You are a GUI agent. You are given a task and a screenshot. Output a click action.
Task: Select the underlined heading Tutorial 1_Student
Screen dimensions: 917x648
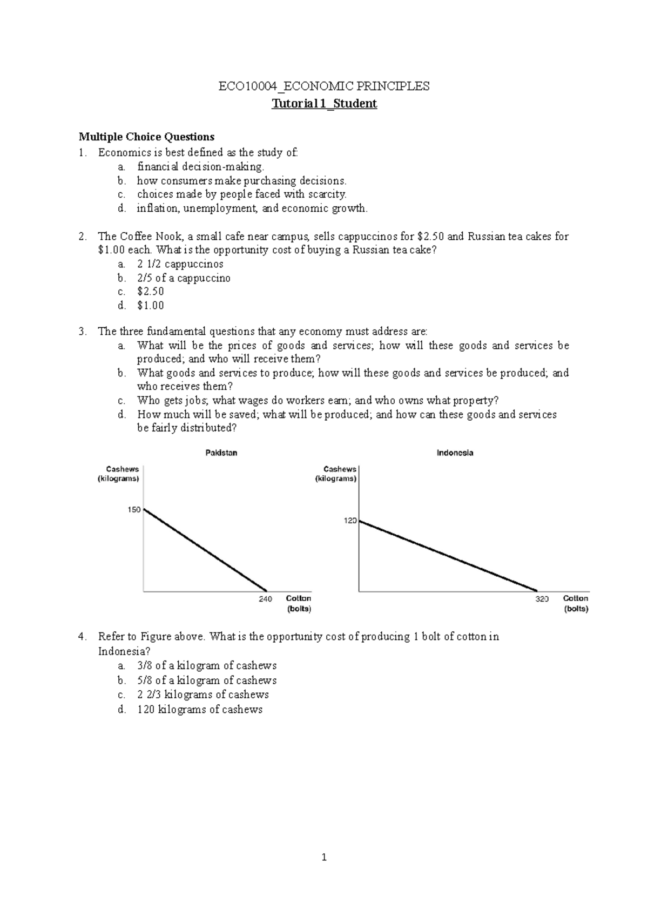tap(324, 104)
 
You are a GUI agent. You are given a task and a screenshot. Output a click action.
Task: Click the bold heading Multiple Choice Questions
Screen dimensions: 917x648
tap(146, 137)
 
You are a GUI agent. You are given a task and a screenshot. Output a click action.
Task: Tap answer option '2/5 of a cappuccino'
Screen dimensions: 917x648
tap(184, 278)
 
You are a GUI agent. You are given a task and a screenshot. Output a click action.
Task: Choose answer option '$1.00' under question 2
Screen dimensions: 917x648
tap(151, 306)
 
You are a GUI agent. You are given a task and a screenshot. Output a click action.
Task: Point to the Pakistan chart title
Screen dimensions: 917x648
tap(221, 453)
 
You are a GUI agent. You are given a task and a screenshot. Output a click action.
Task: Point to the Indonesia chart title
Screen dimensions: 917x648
tap(455, 453)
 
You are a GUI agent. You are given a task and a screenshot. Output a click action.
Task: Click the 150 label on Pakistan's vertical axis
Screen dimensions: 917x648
tap(134, 510)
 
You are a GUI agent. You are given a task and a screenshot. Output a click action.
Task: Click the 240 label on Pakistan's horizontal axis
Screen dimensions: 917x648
tap(265, 599)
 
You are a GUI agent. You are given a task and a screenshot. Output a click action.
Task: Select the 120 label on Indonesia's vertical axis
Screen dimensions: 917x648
tap(350, 521)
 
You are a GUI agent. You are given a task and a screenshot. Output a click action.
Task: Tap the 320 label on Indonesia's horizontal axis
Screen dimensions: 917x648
tap(542, 599)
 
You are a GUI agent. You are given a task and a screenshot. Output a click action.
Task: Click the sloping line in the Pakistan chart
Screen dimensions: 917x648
tap(205, 550)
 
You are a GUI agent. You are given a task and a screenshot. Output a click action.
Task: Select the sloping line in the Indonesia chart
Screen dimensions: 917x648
tap(448, 556)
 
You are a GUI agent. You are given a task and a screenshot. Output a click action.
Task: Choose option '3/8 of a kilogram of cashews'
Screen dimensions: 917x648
tap(207, 666)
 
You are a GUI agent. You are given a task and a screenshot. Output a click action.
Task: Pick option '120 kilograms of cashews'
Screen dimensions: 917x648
tap(200, 710)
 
